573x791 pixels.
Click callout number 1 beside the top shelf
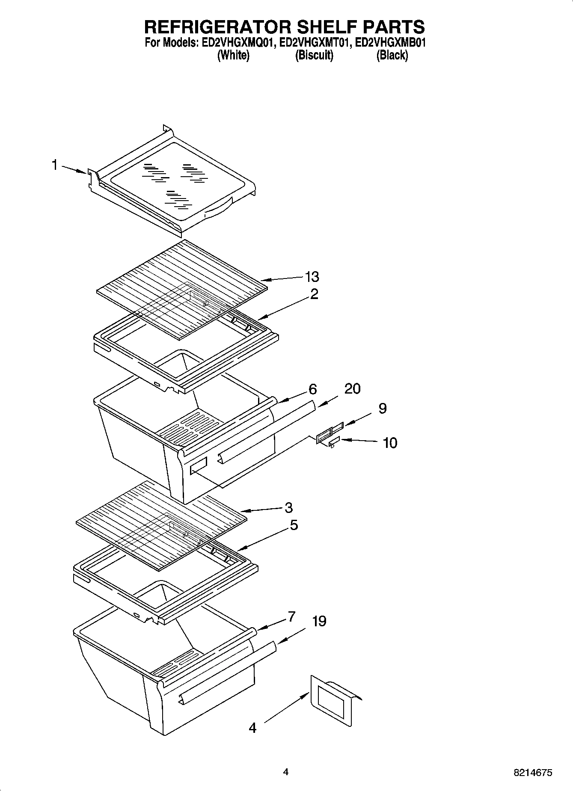(x=54, y=165)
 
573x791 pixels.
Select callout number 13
(x=312, y=277)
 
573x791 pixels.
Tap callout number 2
(x=314, y=294)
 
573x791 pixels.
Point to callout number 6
(x=313, y=389)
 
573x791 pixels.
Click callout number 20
(x=352, y=388)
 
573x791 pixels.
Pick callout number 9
(x=382, y=408)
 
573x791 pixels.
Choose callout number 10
(x=390, y=443)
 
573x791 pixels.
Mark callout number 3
(x=288, y=508)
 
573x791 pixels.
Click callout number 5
(x=294, y=525)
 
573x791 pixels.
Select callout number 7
(x=291, y=616)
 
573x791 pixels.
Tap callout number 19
(x=319, y=621)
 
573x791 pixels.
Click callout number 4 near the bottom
(x=252, y=728)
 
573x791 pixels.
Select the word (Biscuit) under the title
(x=314, y=55)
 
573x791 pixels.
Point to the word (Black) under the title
(x=392, y=55)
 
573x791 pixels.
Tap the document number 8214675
(x=533, y=773)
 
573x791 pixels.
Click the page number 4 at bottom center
(x=286, y=772)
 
